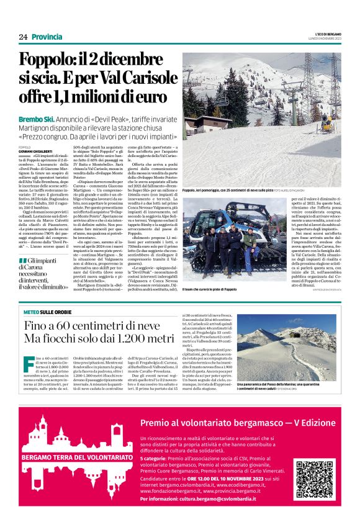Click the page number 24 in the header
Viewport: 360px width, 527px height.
(x=24, y=37)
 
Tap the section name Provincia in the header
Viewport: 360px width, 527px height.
(x=47, y=37)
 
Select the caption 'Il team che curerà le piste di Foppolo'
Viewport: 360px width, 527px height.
(x=209, y=290)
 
